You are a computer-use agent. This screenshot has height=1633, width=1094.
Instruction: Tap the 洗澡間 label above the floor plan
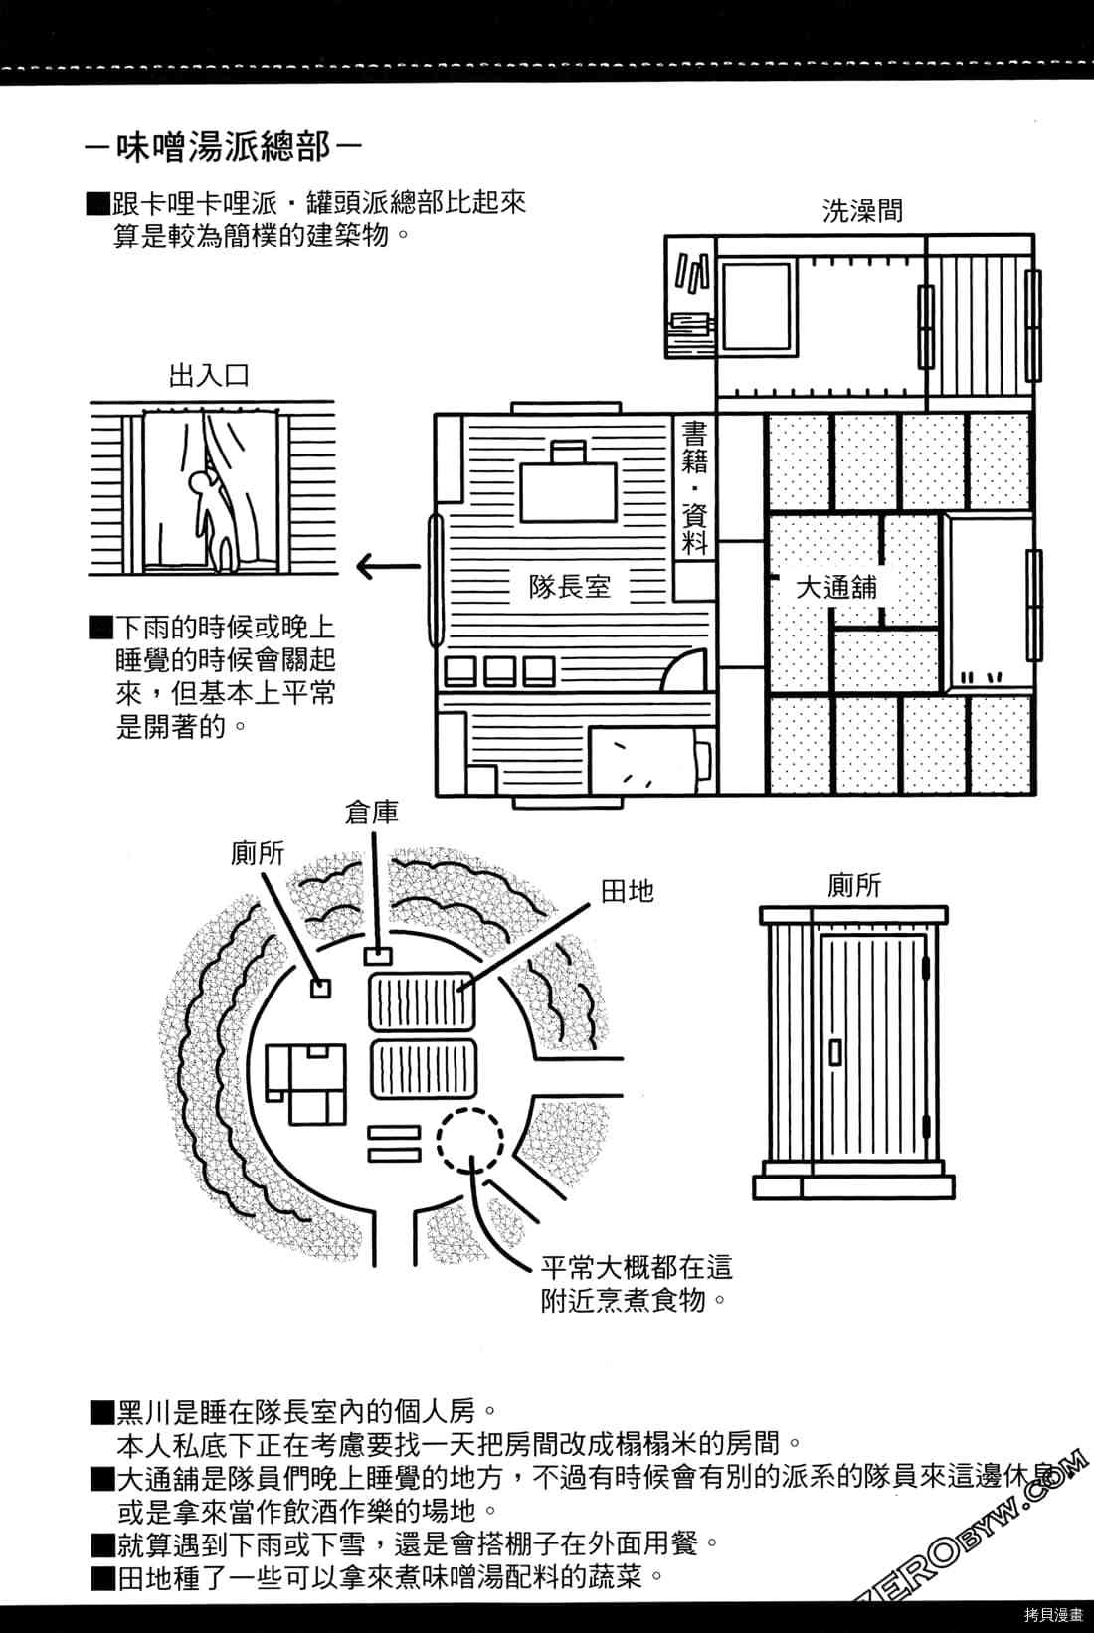point(862,211)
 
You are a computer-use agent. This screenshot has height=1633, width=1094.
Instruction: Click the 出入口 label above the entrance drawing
point(209,376)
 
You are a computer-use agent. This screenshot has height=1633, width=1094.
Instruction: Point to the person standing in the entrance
point(213,520)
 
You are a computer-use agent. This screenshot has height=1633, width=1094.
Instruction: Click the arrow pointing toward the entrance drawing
point(388,566)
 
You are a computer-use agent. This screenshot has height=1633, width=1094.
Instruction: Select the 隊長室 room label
point(569,586)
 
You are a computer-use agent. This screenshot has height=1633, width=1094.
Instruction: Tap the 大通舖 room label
point(836,587)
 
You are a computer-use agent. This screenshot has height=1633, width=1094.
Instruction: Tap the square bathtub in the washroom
point(757,307)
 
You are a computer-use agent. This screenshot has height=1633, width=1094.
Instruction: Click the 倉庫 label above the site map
point(372,814)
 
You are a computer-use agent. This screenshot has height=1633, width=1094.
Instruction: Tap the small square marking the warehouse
point(378,955)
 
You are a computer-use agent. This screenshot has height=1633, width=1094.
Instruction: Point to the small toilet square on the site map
point(320,988)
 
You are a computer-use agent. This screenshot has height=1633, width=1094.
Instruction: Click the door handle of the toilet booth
point(836,1052)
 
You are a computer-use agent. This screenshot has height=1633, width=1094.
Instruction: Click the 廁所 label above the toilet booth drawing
point(854,886)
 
